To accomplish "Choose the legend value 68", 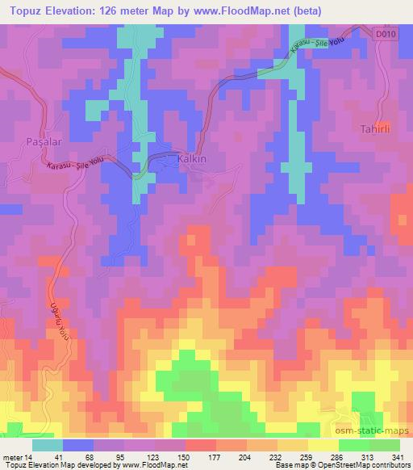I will pyautogui.click(x=98, y=456).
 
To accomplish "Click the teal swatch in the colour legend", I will pyautogui.click(x=48, y=445).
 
